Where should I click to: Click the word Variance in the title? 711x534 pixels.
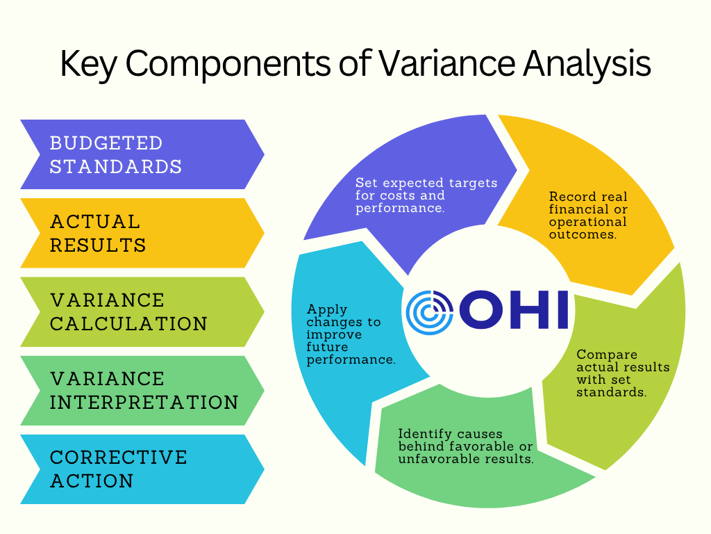[447, 63]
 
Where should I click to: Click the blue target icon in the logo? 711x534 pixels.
[429, 312]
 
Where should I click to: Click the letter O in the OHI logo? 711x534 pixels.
[481, 309]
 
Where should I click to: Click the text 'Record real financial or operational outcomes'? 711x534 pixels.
[588, 216]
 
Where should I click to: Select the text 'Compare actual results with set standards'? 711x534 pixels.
[623, 373]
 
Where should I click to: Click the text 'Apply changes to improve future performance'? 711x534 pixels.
[351, 334]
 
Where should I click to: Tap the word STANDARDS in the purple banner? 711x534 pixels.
[116, 167]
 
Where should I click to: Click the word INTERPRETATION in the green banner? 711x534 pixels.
[144, 403]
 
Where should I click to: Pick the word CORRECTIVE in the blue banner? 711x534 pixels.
[118, 458]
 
